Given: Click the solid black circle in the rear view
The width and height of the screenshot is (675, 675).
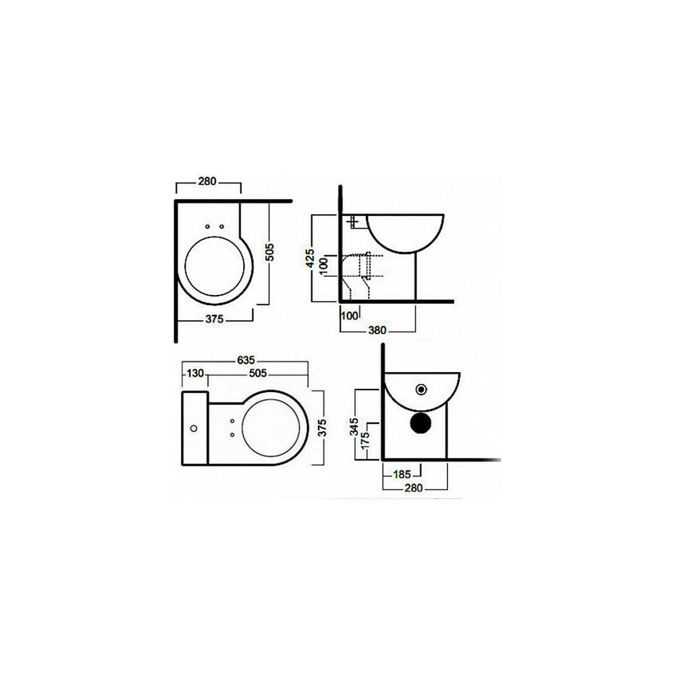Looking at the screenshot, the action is click(421, 423).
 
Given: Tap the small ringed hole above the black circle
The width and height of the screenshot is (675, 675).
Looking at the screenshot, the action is click(421, 389).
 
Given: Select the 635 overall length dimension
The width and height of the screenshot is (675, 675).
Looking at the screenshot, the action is click(246, 360).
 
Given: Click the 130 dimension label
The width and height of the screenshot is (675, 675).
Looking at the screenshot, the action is click(195, 373).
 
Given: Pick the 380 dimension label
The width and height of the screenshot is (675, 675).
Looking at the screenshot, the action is click(377, 330).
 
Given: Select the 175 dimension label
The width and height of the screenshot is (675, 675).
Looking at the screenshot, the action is click(365, 441).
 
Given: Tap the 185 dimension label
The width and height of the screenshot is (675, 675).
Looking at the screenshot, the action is click(402, 475).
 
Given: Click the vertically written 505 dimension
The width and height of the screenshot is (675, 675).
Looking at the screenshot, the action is click(269, 252).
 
